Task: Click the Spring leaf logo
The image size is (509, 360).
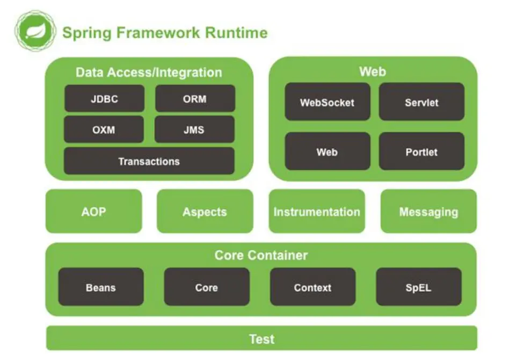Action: tap(35, 31)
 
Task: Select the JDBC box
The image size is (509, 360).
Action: tap(104, 99)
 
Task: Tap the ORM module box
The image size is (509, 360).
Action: tap(195, 99)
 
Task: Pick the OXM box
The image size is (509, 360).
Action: tap(104, 129)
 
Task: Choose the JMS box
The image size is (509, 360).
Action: tap(194, 129)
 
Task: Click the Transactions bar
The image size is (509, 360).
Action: tap(149, 161)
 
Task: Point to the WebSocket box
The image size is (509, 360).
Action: tap(327, 102)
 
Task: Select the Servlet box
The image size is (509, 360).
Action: tap(421, 102)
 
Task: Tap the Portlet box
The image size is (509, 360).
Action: tap(421, 152)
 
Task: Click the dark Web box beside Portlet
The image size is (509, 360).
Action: tap(327, 152)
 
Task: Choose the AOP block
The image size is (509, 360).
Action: tap(94, 211)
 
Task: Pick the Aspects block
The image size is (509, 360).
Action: tap(205, 211)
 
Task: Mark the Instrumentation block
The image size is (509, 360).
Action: tap(317, 211)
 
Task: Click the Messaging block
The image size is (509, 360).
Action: tap(428, 211)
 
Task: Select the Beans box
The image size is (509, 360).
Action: tap(101, 287)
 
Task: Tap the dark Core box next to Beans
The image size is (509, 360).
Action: tap(206, 287)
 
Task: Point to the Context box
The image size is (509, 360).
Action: tap(312, 287)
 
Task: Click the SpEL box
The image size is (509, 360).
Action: tap(418, 287)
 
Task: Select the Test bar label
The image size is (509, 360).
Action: tap(261, 339)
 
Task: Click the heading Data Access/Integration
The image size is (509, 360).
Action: tap(149, 73)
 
